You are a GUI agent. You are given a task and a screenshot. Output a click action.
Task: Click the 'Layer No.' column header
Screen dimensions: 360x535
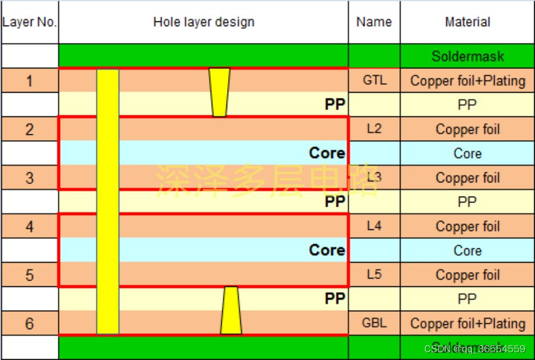click(x=30, y=23)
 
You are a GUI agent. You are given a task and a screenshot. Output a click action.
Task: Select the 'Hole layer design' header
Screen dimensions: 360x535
click(x=203, y=23)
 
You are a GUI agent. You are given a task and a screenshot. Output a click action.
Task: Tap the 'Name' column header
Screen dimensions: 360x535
click(x=374, y=23)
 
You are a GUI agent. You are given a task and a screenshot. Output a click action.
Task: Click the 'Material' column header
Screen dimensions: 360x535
click(x=467, y=23)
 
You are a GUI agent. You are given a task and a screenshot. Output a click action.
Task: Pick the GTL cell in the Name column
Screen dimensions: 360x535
click(x=374, y=80)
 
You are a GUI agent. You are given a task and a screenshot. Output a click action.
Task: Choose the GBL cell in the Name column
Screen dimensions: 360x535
click(x=374, y=323)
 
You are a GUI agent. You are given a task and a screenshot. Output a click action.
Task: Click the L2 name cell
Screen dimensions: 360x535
click(x=374, y=129)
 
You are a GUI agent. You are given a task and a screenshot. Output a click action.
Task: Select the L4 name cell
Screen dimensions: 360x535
click(x=374, y=226)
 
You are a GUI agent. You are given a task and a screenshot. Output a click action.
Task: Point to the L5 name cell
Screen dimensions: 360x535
click(x=374, y=274)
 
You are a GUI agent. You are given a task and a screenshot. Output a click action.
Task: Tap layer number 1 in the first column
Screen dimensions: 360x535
click(x=30, y=80)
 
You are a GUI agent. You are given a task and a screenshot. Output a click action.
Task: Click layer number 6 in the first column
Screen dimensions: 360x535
click(x=30, y=323)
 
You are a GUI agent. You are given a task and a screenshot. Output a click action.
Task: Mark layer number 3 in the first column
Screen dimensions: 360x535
click(x=30, y=178)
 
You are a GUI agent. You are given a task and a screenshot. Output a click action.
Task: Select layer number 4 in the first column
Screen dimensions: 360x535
click(x=30, y=226)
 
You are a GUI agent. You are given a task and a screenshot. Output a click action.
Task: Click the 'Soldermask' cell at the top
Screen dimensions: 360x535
click(x=467, y=56)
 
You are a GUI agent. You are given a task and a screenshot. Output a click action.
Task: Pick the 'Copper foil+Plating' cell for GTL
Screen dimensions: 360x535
click(x=467, y=80)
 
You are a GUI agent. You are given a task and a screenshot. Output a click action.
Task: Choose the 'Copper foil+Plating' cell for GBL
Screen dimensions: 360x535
click(x=467, y=323)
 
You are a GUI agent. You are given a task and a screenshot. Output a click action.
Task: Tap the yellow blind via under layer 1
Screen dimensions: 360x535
click(x=219, y=92)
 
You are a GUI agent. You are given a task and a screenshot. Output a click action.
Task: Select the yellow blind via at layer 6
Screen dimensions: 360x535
click(x=231, y=311)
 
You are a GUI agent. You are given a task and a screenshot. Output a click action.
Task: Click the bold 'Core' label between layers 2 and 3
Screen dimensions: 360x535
click(x=326, y=153)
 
